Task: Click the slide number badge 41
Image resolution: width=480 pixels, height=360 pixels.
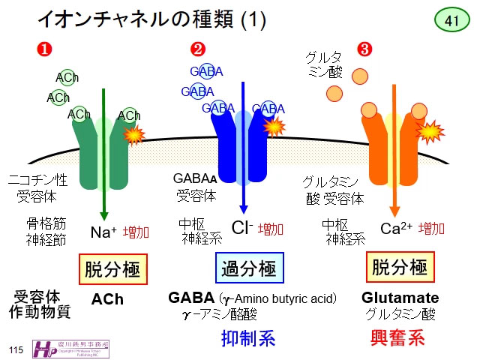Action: pos(451,20)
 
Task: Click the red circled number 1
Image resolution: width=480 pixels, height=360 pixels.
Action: pos(45,50)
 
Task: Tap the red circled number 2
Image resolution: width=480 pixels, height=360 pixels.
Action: pos(198,50)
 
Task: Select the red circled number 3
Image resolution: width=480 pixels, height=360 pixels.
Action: pos(365,50)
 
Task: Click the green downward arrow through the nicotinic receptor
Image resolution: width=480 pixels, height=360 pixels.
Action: pos(103,165)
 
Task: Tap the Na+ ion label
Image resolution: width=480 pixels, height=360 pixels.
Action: pos(103,231)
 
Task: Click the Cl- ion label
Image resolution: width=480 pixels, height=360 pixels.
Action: pos(241,229)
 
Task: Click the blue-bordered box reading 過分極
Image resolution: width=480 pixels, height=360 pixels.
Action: pos(249,268)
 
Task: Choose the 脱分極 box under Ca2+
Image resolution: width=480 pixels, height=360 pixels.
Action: pos(400,268)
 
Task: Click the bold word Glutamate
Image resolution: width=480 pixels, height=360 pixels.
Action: pos(400,298)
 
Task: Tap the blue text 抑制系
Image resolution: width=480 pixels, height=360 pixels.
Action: pos(248,338)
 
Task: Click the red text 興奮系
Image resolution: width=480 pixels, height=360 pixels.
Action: pos(398,337)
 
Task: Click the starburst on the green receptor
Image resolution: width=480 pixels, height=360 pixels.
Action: pos(133,134)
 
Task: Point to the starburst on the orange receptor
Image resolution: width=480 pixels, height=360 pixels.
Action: pos(430,132)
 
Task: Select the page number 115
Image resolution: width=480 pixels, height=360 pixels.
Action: pos(16,350)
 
